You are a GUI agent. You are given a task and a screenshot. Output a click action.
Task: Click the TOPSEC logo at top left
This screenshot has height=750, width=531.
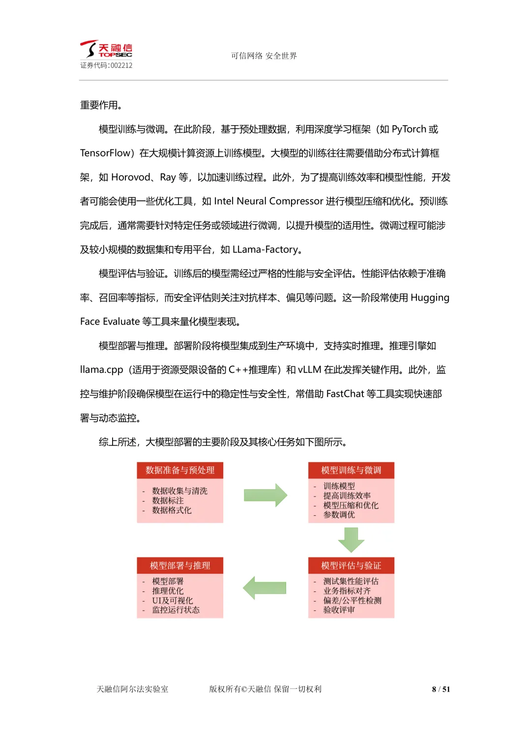pos(106,49)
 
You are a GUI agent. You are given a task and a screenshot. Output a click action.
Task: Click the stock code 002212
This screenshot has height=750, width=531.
pos(121,65)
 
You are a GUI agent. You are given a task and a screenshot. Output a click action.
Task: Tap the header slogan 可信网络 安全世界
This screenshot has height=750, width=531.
pos(264,56)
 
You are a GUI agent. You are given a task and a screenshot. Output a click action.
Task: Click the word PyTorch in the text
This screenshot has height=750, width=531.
pos(409,129)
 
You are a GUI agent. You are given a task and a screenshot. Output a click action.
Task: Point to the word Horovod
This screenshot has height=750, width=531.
pos(131,177)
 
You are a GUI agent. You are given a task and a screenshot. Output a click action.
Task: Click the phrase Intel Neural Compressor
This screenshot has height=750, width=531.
pos(268,201)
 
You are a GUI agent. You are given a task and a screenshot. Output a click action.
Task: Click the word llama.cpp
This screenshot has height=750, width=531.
pos(101,370)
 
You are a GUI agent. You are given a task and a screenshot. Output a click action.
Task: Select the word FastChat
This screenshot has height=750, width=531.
pos(345,394)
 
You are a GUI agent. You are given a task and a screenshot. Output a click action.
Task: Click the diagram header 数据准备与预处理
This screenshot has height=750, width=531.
pos(180,471)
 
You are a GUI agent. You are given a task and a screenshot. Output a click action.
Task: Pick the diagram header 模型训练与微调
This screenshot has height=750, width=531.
pos(351,471)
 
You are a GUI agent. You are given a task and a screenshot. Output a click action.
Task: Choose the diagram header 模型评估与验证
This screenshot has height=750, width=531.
pos(351,566)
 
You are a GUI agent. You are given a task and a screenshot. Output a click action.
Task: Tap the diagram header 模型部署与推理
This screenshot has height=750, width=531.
pos(180,566)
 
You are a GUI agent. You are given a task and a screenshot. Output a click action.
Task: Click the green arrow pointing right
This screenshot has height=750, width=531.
pos(265,495)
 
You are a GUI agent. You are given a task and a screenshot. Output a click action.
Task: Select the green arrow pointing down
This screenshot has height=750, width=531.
pos(351,540)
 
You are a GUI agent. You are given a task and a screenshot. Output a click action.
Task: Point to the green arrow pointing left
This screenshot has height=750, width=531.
pos(265,588)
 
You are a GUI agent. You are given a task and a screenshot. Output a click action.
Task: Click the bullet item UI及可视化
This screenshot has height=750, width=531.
pos(173,601)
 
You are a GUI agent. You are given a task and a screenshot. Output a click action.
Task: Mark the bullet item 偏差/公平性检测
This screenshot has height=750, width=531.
pos(352,601)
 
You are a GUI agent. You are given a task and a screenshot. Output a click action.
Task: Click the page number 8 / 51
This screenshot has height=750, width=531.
pos(441,690)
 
